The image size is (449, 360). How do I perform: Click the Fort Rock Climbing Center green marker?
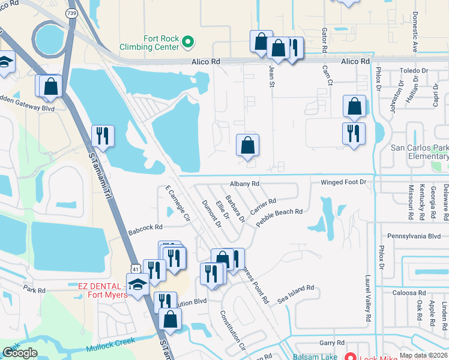point(188,41)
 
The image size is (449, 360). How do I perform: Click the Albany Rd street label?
point(244,184)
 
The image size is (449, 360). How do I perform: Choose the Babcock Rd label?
point(145,227)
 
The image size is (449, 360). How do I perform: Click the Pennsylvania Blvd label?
point(414,236)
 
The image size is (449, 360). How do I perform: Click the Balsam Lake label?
point(314,356)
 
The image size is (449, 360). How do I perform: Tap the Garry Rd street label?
point(331,343)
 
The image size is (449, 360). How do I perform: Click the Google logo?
point(20,353)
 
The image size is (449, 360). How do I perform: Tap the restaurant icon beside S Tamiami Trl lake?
point(102,135)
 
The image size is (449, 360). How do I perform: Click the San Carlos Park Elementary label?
point(420,152)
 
